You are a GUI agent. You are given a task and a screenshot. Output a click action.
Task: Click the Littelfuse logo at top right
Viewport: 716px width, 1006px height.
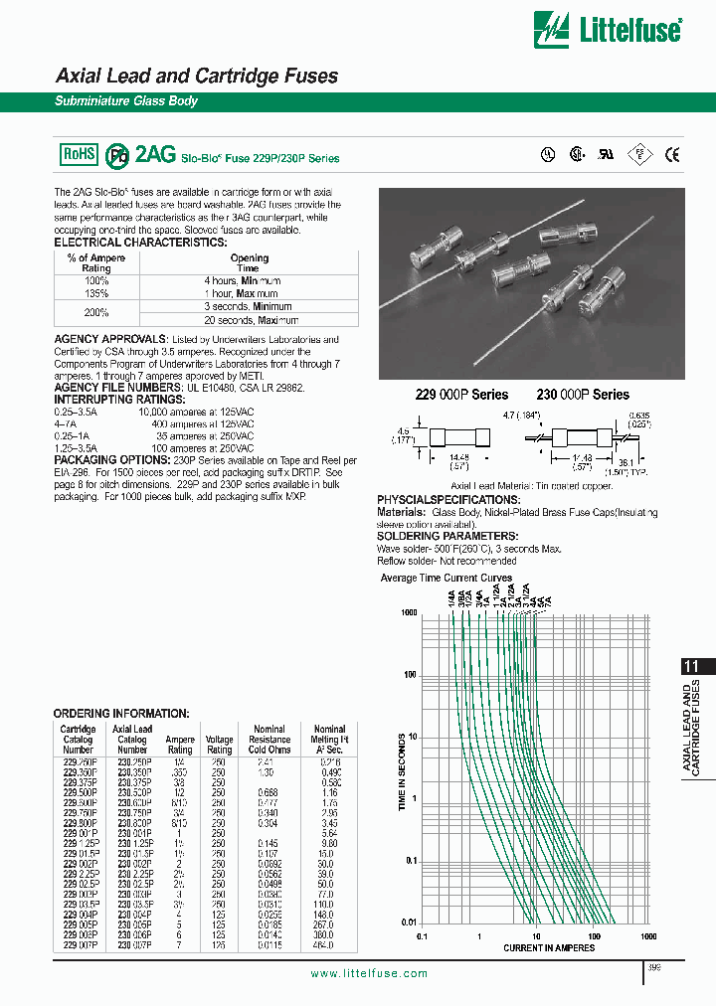pos(608,30)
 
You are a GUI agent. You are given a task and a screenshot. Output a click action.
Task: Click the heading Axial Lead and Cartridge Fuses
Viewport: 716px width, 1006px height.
pos(197,77)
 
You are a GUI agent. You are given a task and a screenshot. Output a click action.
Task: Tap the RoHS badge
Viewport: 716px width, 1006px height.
pos(81,154)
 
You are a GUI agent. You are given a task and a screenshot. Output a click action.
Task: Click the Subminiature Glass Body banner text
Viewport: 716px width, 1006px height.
pos(125,101)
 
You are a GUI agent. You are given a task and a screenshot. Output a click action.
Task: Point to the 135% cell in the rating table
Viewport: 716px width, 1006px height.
pos(95,294)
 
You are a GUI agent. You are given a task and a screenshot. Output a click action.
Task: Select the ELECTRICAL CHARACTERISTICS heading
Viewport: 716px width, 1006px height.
pos(140,243)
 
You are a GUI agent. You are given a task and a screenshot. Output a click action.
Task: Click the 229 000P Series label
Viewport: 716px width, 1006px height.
pos(461,395)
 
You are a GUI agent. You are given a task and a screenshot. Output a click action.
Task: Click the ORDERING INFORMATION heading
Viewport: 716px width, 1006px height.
pos(120,714)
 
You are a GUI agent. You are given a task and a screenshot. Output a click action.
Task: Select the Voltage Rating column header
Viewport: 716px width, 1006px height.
pos(219,745)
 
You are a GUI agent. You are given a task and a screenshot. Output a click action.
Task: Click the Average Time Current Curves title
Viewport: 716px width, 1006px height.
pos(447,579)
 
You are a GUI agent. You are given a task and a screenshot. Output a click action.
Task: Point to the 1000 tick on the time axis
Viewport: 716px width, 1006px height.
pos(409,614)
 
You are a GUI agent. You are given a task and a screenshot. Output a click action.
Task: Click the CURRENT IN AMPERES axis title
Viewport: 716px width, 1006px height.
pos(549,948)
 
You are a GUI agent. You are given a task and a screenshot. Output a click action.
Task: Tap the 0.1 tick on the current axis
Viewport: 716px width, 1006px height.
pos(422,936)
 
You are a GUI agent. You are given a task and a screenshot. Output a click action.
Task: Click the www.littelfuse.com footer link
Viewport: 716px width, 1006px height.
pos(369,973)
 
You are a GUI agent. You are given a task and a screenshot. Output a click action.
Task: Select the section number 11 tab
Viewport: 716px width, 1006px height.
pos(695,668)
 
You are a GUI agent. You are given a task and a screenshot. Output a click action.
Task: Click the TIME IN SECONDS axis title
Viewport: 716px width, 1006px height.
pos(403,773)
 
